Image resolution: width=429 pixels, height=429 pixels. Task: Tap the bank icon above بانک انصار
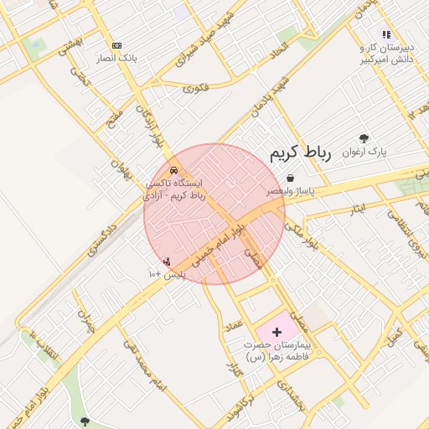point(116,45)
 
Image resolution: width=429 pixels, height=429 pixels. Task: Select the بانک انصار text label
point(116,58)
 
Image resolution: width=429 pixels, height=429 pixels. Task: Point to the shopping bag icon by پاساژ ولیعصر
point(290,178)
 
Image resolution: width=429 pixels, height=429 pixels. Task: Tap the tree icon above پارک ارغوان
point(363,138)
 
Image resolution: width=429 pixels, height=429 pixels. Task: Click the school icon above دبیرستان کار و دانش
point(386,34)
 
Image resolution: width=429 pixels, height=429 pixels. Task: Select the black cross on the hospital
point(277,333)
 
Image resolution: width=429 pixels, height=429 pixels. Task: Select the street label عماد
point(234,323)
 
